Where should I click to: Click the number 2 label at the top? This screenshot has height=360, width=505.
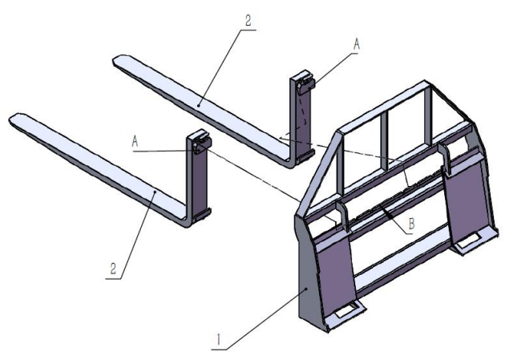248,20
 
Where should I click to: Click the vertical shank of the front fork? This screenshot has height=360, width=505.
199,180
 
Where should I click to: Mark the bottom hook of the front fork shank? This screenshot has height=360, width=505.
203,212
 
